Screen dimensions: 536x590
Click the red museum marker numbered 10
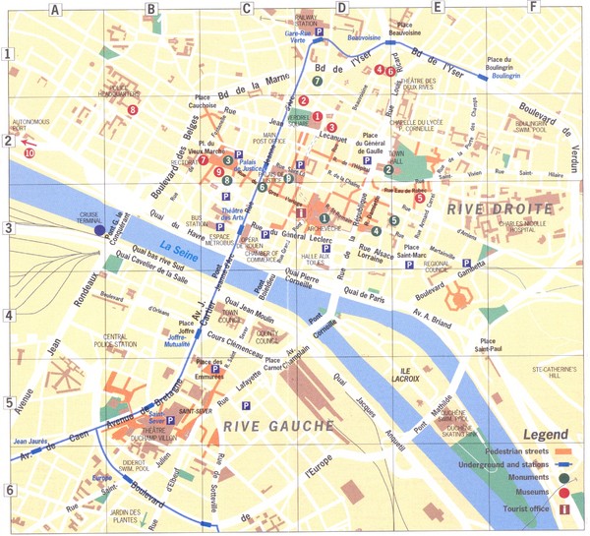(x=29, y=152)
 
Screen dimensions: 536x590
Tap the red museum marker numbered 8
(x=132, y=109)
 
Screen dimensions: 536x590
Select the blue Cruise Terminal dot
(x=99, y=230)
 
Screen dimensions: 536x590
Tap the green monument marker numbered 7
(x=317, y=80)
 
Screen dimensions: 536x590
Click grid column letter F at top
(x=532, y=9)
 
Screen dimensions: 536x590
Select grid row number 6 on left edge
(x=8, y=491)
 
